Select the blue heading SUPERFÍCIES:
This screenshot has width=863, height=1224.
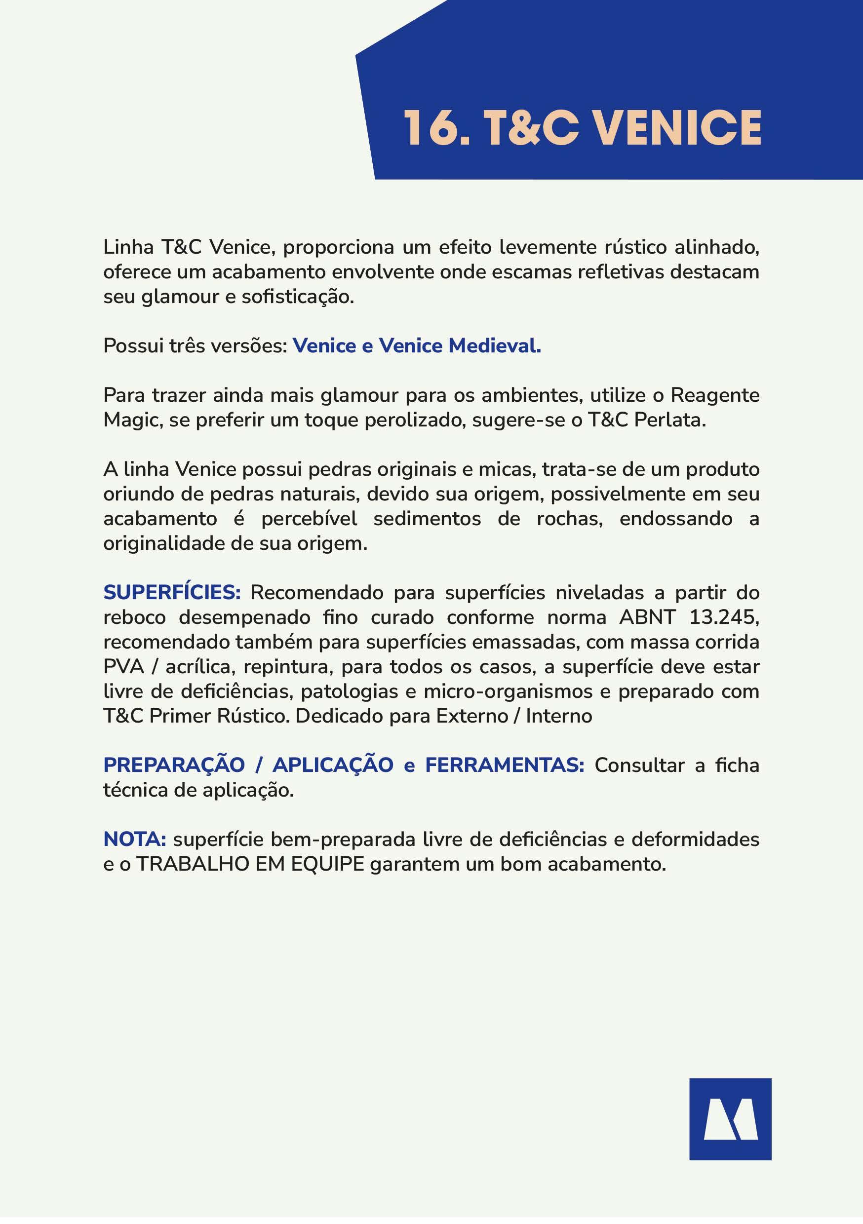(172, 592)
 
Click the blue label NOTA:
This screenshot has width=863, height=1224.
(134, 839)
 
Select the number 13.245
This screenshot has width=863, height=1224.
(724, 617)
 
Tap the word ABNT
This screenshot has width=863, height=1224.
(647, 617)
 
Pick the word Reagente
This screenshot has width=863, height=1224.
(715, 395)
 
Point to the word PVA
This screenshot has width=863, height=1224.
(124, 666)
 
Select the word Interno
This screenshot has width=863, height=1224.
(559, 716)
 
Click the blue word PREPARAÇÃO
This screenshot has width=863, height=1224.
(174, 765)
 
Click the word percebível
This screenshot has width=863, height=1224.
(309, 519)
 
